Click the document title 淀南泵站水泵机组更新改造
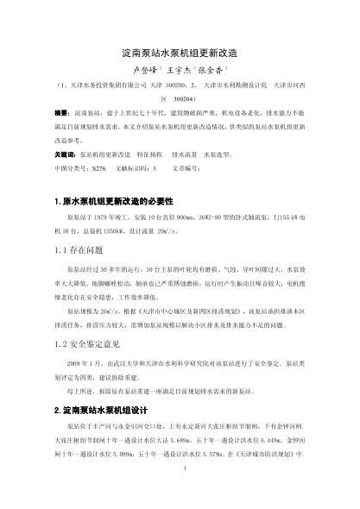pyautogui.click(x=180, y=53)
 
